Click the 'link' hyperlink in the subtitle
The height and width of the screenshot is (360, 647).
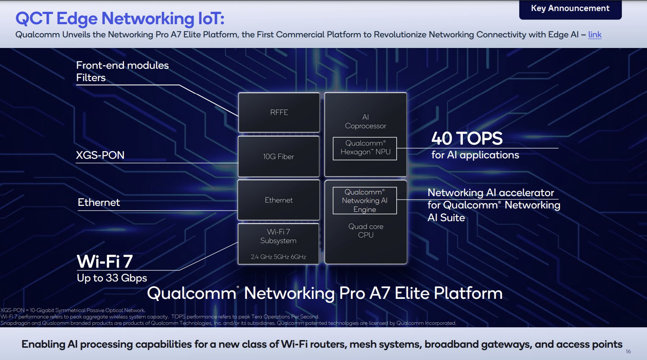pos(594,35)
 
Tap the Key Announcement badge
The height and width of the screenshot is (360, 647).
pos(570,8)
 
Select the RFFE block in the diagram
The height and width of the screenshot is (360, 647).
pos(279,112)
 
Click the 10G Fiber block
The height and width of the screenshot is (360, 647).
pos(278,157)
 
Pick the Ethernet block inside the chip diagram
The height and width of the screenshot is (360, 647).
pos(278,200)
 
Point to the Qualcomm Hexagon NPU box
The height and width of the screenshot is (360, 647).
pos(365,148)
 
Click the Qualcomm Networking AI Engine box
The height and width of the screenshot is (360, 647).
pos(365,200)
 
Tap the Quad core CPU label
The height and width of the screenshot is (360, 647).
pos(366,231)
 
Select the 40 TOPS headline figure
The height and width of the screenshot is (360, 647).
pos(467,138)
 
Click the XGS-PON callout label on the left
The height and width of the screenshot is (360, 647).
pos(100,155)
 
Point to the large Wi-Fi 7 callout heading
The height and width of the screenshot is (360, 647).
pos(105,262)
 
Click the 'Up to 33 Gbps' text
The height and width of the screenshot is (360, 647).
pos(112,278)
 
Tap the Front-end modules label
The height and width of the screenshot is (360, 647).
pos(122,65)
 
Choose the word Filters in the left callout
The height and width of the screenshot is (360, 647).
pos(91,78)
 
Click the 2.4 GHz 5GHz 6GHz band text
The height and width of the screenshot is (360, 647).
pos(278,257)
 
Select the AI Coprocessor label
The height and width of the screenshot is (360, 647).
pos(365,121)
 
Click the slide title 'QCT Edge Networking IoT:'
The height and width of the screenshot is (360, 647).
pos(120,18)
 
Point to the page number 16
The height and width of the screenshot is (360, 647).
pos(628,352)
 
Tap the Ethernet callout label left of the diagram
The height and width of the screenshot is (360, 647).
pos(99,202)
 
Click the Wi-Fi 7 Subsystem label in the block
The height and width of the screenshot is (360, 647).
pos(278,236)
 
